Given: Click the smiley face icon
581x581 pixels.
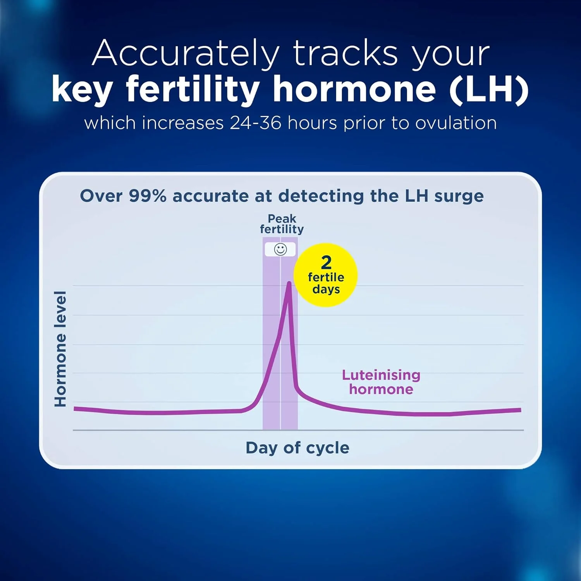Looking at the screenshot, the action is pyautogui.click(x=280, y=249).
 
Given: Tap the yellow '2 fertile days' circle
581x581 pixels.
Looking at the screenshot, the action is pyautogui.click(x=326, y=275).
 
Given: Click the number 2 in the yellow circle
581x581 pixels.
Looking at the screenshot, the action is pyautogui.click(x=326, y=263).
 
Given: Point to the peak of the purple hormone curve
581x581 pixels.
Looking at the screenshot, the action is pyautogui.click(x=289, y=283).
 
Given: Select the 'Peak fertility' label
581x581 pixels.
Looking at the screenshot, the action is pyautogui.click(x=282, y=224).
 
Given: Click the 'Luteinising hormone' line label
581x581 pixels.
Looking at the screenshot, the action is pyautogui.click(x=381, y=382).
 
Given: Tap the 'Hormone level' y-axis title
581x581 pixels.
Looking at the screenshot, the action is pyautogui.click(x=60, y=349).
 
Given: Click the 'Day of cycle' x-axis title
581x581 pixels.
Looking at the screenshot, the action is pyautogui.click(x=297, y=448).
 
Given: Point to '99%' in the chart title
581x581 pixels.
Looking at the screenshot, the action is pyautogui.click(x=148, y=196).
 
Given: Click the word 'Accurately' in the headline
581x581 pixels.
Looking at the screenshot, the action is pyautogui.click(x=186, y=53).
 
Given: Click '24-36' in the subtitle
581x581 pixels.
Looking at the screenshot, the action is pyautogui.click(x=256, y=123).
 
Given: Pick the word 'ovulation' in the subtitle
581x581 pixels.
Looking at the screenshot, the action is pyautogui.click(x=456, y=123).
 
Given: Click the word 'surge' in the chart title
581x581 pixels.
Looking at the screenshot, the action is pyautogui.click(x=459, y=197).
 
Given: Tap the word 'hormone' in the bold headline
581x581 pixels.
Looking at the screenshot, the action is pyautogui.click(x=354, y=89).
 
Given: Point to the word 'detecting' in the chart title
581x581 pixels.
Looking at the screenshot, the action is pyautogui.click(x=321, y=196).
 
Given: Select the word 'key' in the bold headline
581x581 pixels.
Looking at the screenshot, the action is pyautogui.click(x=82, y=90).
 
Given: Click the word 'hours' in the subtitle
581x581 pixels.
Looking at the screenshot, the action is pyautogui.click(x=312, y=123).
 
